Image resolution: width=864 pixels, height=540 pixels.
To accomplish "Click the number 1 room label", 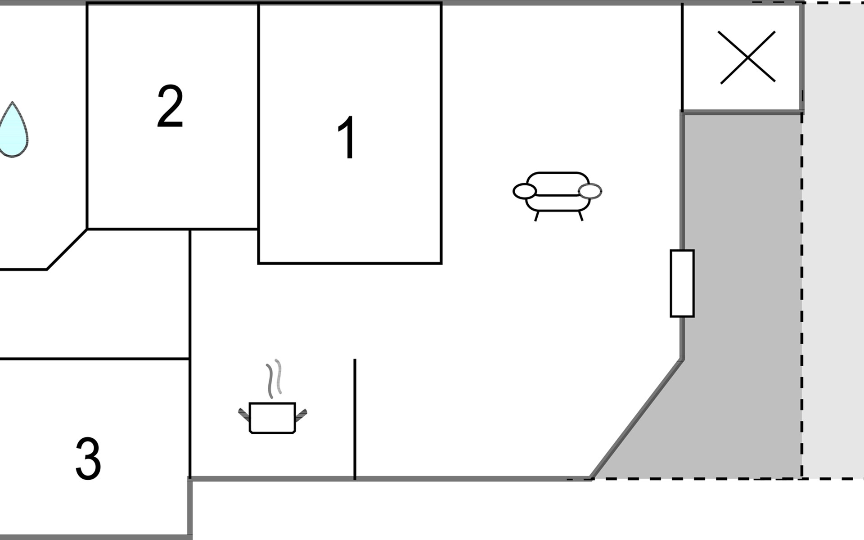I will click(347, 138).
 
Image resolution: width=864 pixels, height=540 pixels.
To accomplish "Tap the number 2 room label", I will click(170, 107).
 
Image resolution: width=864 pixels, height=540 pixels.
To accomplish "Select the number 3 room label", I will click(88, 459).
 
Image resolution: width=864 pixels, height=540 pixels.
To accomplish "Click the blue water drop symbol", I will click(13, 130).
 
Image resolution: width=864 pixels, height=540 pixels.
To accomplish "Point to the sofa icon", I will click(557, 193).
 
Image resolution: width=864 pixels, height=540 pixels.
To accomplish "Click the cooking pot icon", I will click(272, 418).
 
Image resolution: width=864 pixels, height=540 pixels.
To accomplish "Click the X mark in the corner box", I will click(747, 57).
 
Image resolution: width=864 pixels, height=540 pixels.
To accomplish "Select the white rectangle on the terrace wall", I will click(682, 283).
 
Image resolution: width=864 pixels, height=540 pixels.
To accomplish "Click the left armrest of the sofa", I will click(524, 191).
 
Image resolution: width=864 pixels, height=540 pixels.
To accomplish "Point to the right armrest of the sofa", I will click(590, 191).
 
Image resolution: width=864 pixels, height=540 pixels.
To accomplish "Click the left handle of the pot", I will click(244, 414).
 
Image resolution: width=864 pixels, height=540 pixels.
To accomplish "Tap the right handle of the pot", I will click(301, 414).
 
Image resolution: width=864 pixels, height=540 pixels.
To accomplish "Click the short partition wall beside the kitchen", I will click(355, 418).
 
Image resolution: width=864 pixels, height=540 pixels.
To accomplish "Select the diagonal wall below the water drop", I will click(67, 250).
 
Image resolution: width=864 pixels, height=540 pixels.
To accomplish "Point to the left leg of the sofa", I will click(536, 216).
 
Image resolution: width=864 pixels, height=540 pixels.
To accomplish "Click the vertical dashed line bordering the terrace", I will click(802, 292).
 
